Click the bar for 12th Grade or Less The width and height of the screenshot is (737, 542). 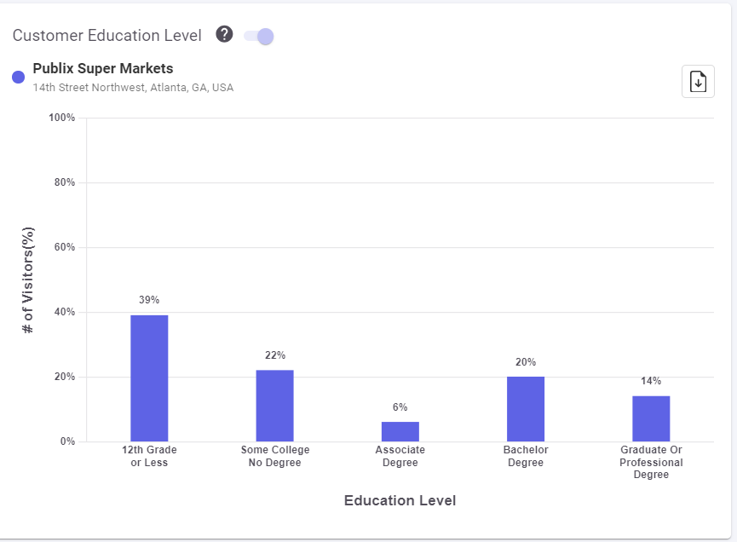pyautogui.click(x=149, y=378)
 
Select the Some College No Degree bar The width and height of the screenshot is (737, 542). pyautogui.click(x=274, y=406)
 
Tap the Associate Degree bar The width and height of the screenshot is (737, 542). pyautogui.click(x=400, y=431)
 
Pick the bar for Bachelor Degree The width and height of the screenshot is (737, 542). pyautogui.click(x=526, y=409)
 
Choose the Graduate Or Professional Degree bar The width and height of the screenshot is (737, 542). pyautogui.click(x=651, y=418)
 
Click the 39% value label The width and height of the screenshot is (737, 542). pyautogui.click(x=149, y=300)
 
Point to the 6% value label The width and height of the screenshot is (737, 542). pyautogui.click(x=400, y=407)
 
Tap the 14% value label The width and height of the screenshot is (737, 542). pyautogui.click(x=651, y=381)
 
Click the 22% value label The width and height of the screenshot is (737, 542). pyautogui.click(x=274, y=355)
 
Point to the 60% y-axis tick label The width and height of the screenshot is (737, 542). pyautogui.click(x=65, y=247)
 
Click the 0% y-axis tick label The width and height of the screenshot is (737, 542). pyautogui.click(x=67, y=441)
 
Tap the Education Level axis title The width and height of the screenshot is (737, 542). pyautogui.click(x=400, y=501)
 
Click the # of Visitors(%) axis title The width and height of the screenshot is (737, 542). pyautogui.click(x=28, y=280)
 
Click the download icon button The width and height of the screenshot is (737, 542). pyautogui.click(x=698, y=82)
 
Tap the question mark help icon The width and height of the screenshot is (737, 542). pyautogui.click(x=224, y=35)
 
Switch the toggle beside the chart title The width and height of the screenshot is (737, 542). pyautogui.click(x=259, y=36)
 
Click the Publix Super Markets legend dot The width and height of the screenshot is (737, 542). pyautogui.click(x=18, y=77)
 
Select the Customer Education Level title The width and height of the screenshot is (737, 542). pyautogui.click(x=107, y=36)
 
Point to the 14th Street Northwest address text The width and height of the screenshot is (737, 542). pyautogui.click(x=133, y=88)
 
